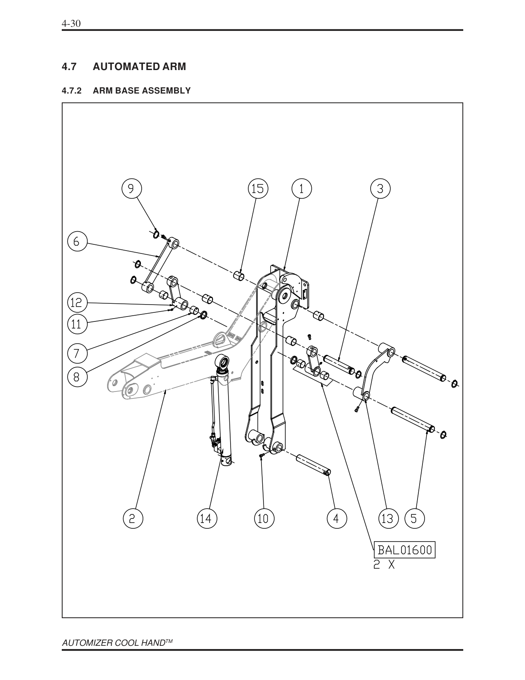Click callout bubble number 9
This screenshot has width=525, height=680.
tap(131, 189)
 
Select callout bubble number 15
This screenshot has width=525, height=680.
tap(257, 189)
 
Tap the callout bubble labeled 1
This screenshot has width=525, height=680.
tap(301, 189)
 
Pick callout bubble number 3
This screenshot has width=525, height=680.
tap(380, 189)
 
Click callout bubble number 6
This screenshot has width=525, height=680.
tap(77, 241)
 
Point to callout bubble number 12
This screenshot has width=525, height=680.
tap(77, 303)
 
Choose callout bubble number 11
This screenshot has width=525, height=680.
tap(77, 324)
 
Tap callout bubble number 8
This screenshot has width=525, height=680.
tap(77, 377)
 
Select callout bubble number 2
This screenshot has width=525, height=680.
tap(133, 518)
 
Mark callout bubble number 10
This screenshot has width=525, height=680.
tap(263, 518)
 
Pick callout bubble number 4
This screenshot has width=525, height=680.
tap(336, 518)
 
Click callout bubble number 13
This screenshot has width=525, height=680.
tap(388, 518)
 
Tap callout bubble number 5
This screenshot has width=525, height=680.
tap(414, 518)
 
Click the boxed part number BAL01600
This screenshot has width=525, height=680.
tap(404, 550)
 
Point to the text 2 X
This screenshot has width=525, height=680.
tap(384, 565)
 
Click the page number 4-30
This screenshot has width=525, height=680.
tap(70, 23)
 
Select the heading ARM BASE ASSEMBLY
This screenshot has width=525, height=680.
tap(142, 91)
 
